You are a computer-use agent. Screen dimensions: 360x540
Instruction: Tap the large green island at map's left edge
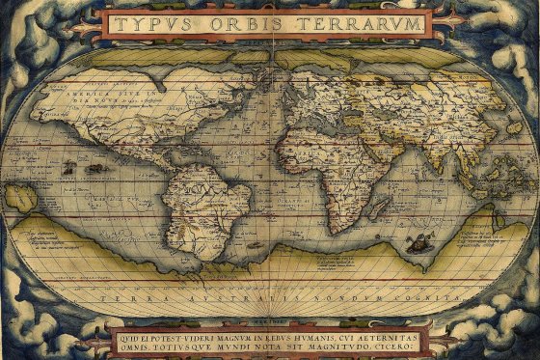tap(20, 197)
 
